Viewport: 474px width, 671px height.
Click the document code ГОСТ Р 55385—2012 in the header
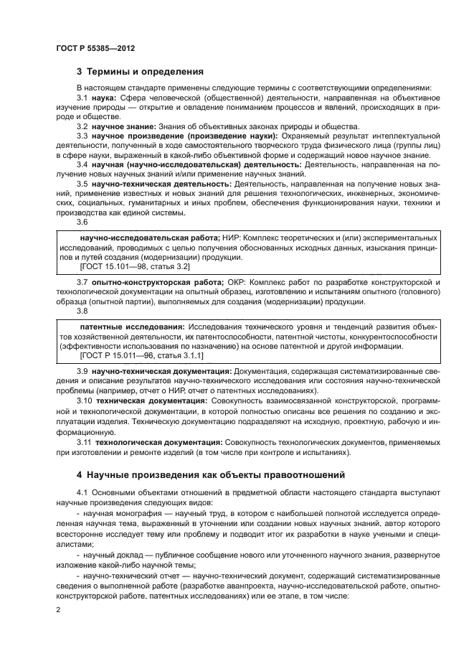(x=95, y=47)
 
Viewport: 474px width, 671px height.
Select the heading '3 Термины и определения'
(x=140, y=72)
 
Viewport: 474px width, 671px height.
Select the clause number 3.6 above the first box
(x=82, y=222)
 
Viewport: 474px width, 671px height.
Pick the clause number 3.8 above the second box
(x=82, y=311)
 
